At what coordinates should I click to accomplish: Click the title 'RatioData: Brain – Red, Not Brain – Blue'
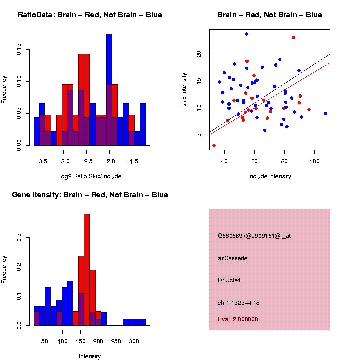click(x=90, y=15)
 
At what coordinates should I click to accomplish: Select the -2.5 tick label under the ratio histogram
click(x=87, y=161)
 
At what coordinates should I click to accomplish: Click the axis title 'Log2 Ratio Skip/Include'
click(x=90, y=176)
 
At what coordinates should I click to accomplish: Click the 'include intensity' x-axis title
click(x=270, y=176)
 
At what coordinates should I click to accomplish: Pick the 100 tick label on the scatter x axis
click(x=314, y=161)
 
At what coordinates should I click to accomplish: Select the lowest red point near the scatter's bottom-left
click(x=214, y=145)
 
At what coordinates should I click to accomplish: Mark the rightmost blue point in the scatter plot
click(x=325, y=113)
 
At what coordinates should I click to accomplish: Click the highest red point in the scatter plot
click(x=294, y=37)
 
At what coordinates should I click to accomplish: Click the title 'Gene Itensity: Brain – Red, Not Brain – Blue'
click(x=90, y=195)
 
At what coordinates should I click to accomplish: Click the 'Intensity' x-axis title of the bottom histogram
click(x=90, y=356)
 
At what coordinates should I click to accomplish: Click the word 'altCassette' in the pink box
click(x=233, y=258)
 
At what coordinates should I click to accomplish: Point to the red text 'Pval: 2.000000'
click(x=238, y=319)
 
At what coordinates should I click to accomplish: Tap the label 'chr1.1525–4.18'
click(x=239, y=303)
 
